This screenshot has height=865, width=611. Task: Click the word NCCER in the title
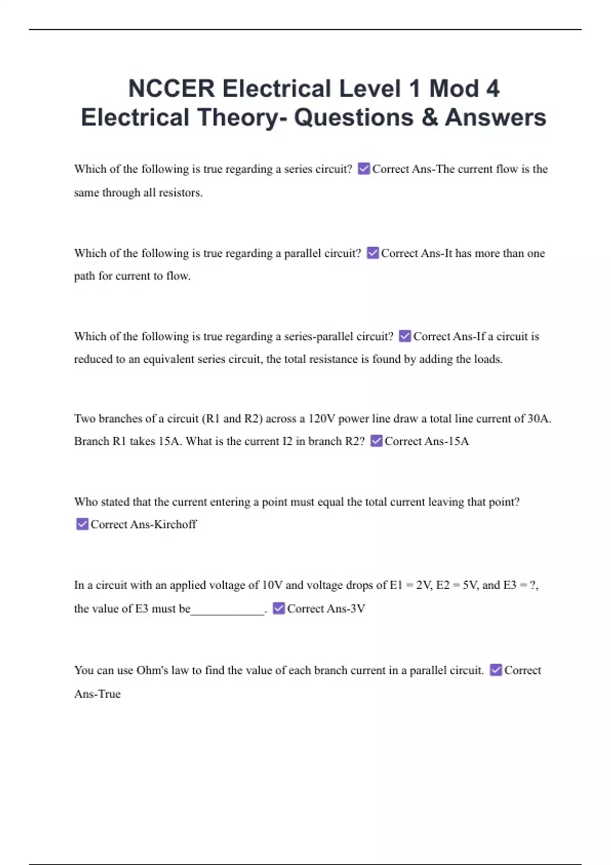click(172, 89)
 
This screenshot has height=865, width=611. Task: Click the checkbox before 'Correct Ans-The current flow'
click(364, 168)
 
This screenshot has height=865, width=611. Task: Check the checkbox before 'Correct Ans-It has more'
click(373, 253)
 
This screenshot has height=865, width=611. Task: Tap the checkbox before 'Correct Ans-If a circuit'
click(405, 336)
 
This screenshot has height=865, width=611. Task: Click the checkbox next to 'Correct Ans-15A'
click(376, 441)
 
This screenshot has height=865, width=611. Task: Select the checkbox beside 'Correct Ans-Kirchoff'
click(82, 524)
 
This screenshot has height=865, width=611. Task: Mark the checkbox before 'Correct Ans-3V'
click(279, 608)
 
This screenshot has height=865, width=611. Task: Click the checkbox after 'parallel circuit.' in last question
click(495, 670)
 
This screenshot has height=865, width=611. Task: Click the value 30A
click(539, 419)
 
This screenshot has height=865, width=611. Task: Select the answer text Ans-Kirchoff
click(163, 525)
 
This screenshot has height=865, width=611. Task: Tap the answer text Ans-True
click(97, 694)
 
